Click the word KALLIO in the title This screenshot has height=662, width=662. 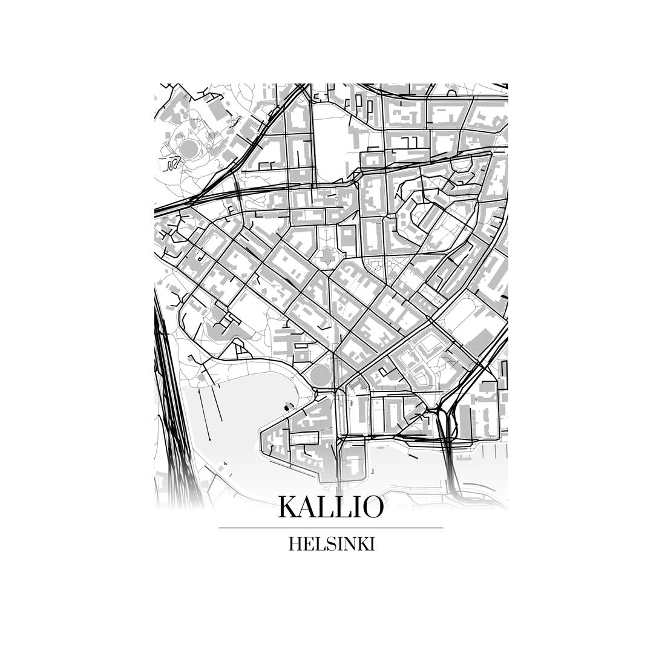330,507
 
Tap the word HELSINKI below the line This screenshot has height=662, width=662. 332,544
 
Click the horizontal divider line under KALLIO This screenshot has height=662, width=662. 330,528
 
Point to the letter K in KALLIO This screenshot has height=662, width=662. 289,507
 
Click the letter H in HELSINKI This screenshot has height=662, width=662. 295,544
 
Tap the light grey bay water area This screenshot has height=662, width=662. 236,424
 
